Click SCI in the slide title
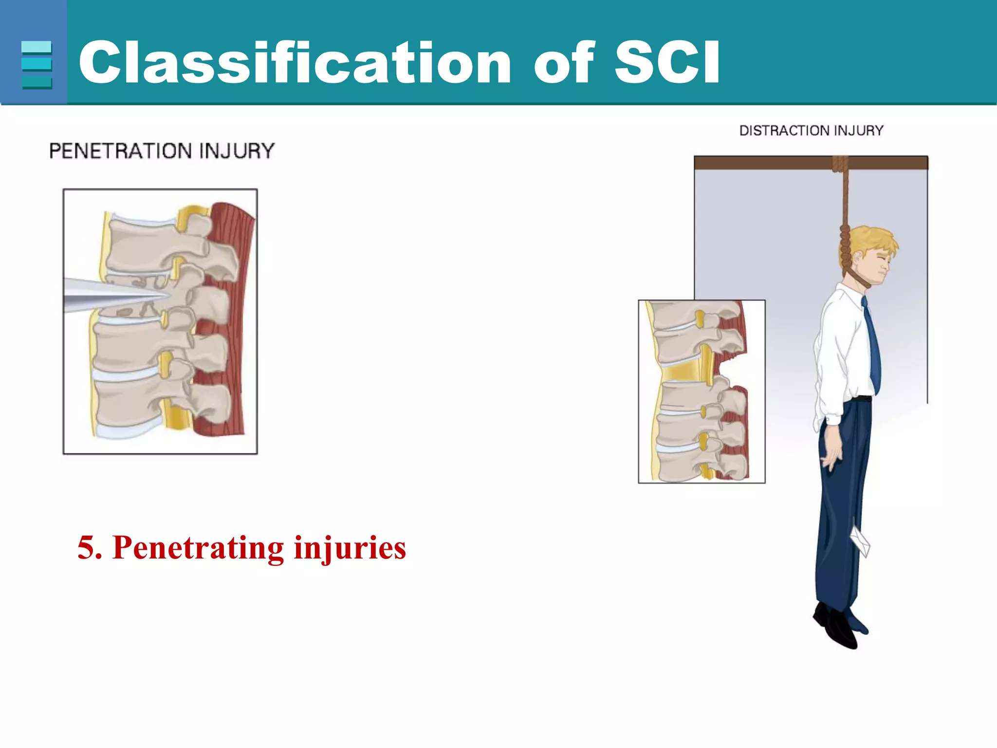pos(667,62)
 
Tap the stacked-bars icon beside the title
pos(37,65)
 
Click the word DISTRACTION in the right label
pos(784,131)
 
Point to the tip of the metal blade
pos(168,295)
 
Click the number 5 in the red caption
pos(86,547)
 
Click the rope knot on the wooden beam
pos(840,164)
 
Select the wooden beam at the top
pos(759,163)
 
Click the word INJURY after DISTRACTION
pos(859,131)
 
